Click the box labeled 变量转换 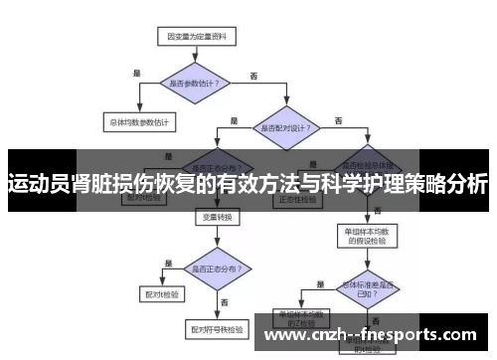[x=217, y=217]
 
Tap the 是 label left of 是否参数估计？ [x=137, y=72]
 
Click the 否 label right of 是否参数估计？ [x=253, y=76]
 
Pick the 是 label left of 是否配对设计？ [x=235, y=119]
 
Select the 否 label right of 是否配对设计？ [x=339, y=120]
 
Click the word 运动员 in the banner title [x=38, y=183]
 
